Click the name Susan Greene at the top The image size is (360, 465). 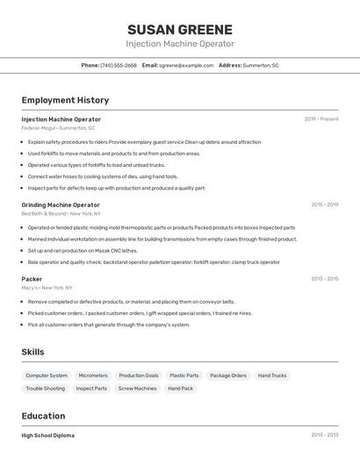tap(180, 29)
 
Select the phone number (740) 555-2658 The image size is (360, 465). tap(119, 65)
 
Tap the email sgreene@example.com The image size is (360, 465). tap(186, 65)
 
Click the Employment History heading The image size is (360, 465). tap(65, 100)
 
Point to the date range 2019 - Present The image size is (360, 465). tap(320, 119)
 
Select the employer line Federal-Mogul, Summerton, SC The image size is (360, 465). tap(58, 128)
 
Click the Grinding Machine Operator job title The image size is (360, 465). tap(61, 204)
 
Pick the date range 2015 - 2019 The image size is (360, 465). tap(324, 204)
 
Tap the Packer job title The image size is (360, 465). tap(32, 279)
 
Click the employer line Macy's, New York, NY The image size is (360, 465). tap(47, 288)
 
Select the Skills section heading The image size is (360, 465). tap(33, 352)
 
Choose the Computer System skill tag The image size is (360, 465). tap(47, 376)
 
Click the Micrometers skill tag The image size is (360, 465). tap(93, 376)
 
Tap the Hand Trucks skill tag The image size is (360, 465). tap(272, 376)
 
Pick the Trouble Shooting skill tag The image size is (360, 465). tap(45, 388)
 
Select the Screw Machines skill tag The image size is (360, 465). tap(137, 388)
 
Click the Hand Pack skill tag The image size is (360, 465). tap(181, 388)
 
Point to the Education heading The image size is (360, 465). tap(43, 416)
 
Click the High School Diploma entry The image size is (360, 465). tap(48, 435)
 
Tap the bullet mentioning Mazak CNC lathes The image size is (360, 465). tap(83, 250)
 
